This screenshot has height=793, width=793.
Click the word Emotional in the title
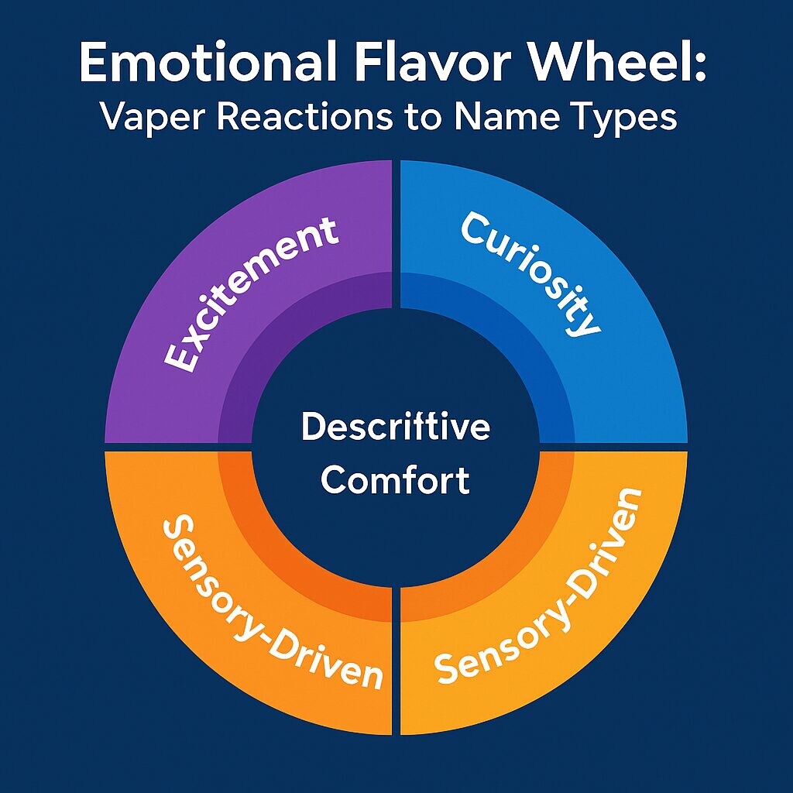point(205,64)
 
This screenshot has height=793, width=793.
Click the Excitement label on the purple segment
point(252,294)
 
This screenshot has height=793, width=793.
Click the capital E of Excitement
point(179,355)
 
